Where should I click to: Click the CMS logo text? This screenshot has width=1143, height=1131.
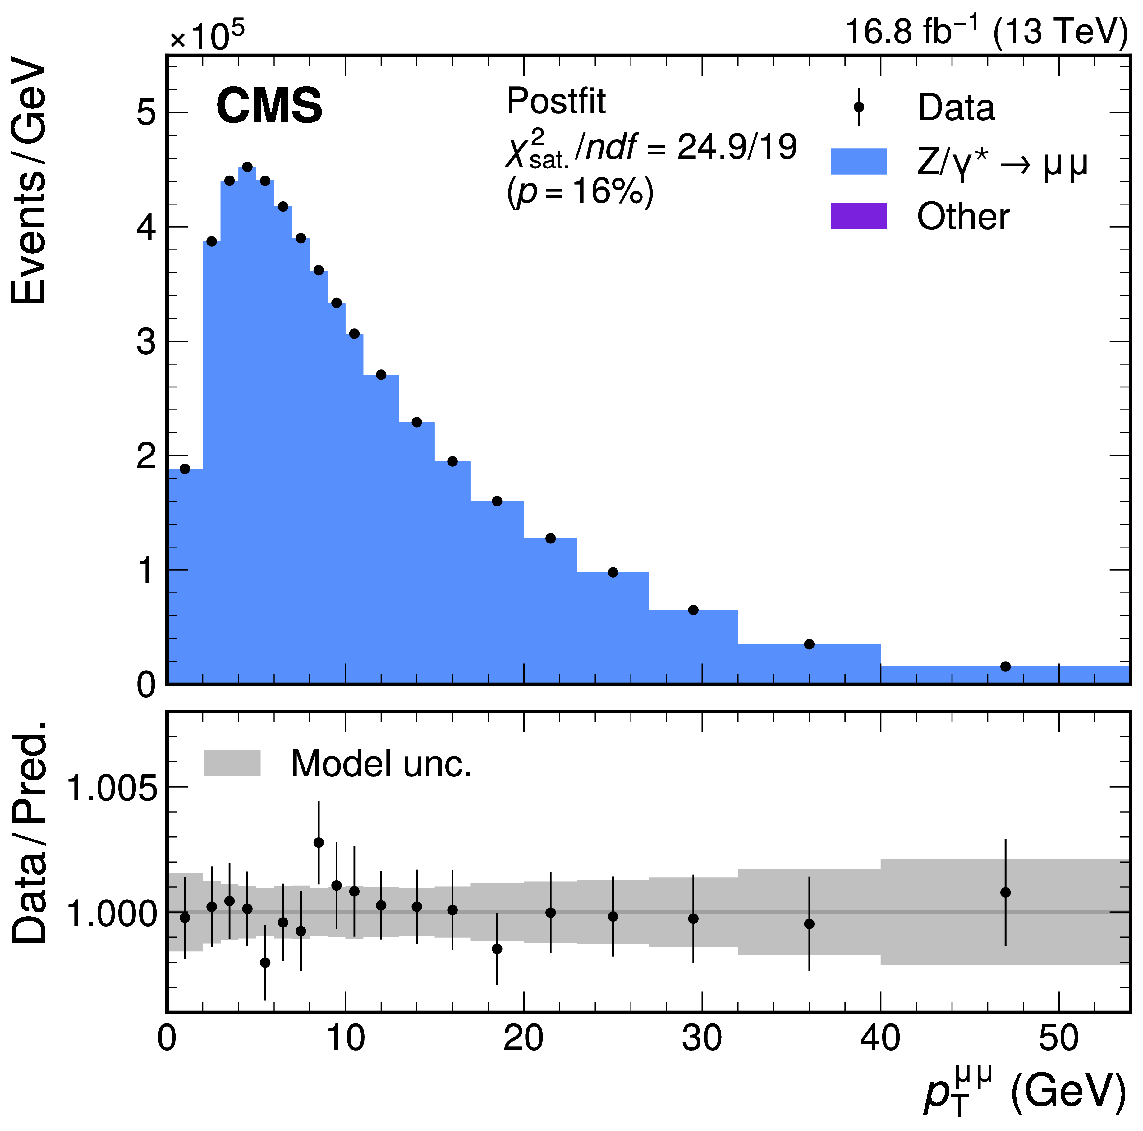point(269,105)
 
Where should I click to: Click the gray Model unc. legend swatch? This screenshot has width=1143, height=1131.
point(232,763)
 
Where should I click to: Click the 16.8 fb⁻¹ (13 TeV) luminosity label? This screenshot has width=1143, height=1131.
point(986,31)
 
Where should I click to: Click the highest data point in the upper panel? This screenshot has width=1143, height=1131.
point(247,167)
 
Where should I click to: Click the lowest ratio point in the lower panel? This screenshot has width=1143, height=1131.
point(265,962)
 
